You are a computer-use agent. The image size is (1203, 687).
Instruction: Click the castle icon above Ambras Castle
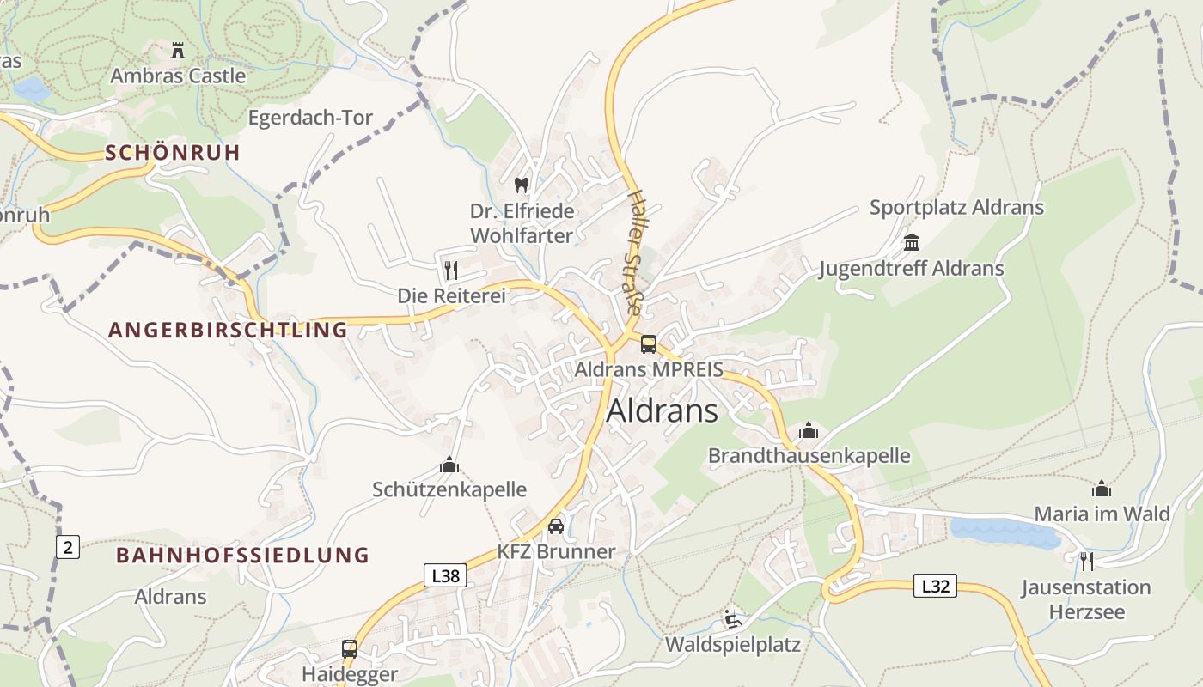178,51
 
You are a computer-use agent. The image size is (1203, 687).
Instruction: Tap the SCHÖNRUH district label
173,153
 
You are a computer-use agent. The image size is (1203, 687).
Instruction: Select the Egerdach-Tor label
310,118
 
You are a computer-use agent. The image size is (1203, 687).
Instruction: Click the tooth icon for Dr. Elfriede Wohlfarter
521,185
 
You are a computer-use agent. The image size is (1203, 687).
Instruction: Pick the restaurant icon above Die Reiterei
451,271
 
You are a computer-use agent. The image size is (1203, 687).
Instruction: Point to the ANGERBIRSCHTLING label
229,330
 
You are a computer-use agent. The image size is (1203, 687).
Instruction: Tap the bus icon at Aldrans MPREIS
649,344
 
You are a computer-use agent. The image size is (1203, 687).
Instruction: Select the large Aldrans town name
662,411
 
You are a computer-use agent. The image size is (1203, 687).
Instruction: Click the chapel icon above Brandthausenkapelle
809,430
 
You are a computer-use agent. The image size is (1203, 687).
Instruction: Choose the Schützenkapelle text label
449,489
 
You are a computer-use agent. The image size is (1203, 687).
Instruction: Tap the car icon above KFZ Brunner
556,526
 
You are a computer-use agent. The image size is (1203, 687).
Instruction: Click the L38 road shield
445,575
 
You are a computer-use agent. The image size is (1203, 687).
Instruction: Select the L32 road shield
935,587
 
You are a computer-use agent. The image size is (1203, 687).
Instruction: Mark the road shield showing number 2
68,546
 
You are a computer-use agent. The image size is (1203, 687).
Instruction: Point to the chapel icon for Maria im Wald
1102,489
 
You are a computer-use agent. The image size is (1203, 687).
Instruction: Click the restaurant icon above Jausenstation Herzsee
1087,562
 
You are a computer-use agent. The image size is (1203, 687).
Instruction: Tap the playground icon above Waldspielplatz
732,619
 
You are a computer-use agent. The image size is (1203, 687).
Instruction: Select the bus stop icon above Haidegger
350,648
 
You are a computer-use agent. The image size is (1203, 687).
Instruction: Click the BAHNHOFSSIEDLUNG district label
242,555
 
